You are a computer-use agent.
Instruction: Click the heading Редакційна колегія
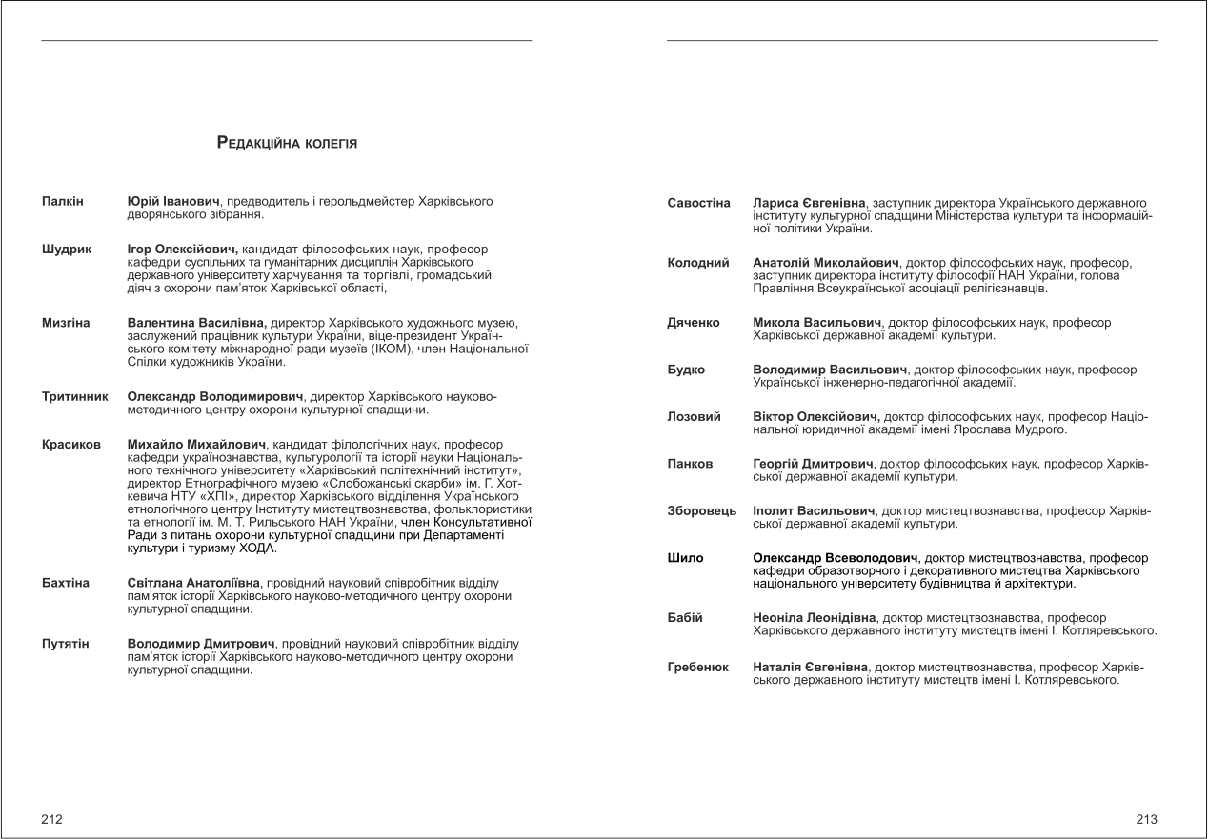coord(287,144)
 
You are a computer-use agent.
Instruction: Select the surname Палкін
coord(63,202)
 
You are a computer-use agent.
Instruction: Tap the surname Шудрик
coord(67,250)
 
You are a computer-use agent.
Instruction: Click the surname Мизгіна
coord(66,324)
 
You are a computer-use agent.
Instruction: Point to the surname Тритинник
coord(75,396)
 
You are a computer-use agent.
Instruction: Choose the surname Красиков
coord(71,444)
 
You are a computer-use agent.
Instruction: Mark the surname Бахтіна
coord(67,581)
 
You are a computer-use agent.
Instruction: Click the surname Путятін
coord(66,645)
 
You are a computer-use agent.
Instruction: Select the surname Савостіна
coord(699,204)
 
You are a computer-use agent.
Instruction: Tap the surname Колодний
coord(698,262)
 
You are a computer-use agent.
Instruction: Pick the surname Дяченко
coord(694,324)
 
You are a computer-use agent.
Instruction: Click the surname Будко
coord(686,370)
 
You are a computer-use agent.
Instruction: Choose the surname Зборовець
coord(702,511)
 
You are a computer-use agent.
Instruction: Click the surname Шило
coord(685,558)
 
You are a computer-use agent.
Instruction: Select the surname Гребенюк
coord(698,669)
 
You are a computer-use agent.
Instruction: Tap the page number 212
coord(51,819)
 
